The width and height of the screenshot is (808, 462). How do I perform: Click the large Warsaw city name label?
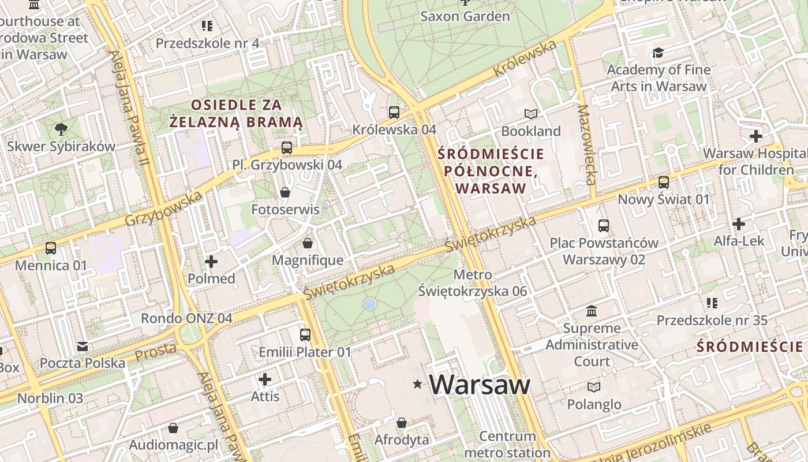coord(479,385)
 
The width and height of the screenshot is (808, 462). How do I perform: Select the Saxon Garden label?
coord(465,16)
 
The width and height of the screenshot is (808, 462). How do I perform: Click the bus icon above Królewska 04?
coord(394,113)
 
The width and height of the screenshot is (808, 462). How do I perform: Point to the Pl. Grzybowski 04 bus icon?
coord(287,148)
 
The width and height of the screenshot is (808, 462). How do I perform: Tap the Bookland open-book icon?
coord(530,114)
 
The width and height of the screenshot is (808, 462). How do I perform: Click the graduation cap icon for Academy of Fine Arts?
coord(658,53)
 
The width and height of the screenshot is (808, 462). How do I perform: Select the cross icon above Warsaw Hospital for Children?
coord(755,136)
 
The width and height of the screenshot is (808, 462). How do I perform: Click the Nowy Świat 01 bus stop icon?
coord(664,182)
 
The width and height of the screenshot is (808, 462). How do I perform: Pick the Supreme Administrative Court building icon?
coord(592,311)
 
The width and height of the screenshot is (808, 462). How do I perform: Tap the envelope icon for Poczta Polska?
coord(83,346)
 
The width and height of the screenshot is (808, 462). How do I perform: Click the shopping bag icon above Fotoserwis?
coord(285,192)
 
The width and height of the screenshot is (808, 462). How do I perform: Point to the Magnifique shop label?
coord(307,260)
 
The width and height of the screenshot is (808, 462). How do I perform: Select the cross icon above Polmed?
coord(211,262)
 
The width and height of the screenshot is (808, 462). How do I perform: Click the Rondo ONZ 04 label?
coord(186,318)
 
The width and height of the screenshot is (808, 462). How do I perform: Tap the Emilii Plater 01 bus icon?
coord(305,335)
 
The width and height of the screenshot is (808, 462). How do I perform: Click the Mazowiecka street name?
coord(586,144)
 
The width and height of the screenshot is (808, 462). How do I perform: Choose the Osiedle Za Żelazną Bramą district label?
coord(236,113)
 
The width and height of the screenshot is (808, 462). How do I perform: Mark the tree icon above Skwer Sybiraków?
coord(61,129)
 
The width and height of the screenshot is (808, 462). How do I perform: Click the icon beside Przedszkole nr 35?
coord(712,303)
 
